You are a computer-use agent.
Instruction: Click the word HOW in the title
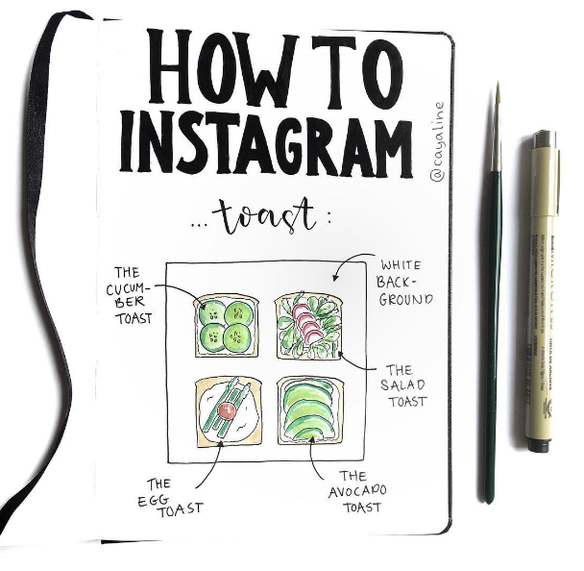click(223, 68)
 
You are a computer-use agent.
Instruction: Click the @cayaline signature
click(438, 142)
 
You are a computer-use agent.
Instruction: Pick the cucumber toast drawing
click(226, 325)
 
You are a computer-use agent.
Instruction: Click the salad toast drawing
click(308, 326)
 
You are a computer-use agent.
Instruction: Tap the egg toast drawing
click(229, 411)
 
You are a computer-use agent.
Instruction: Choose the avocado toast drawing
click(310, 410)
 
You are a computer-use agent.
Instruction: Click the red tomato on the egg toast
click(227, 410)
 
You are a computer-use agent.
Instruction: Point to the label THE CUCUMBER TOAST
click(129, 295)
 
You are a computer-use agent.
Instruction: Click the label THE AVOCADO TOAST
click(357, 491)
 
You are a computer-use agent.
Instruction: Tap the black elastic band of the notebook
click(45, 261)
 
